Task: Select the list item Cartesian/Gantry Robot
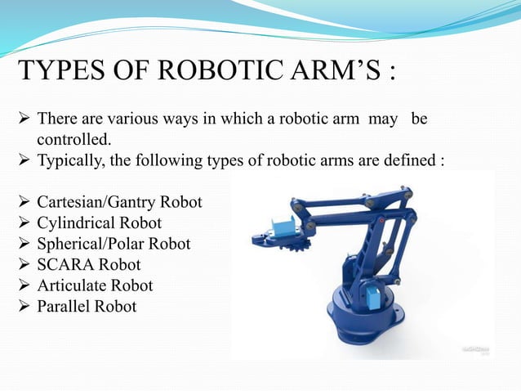coord(119,201)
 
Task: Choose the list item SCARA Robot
coord(88,265)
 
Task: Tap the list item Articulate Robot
coord(95,286)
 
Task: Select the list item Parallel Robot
coord(87,308)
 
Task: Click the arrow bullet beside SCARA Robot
coord(24,265)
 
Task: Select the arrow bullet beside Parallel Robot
coord(24,308)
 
